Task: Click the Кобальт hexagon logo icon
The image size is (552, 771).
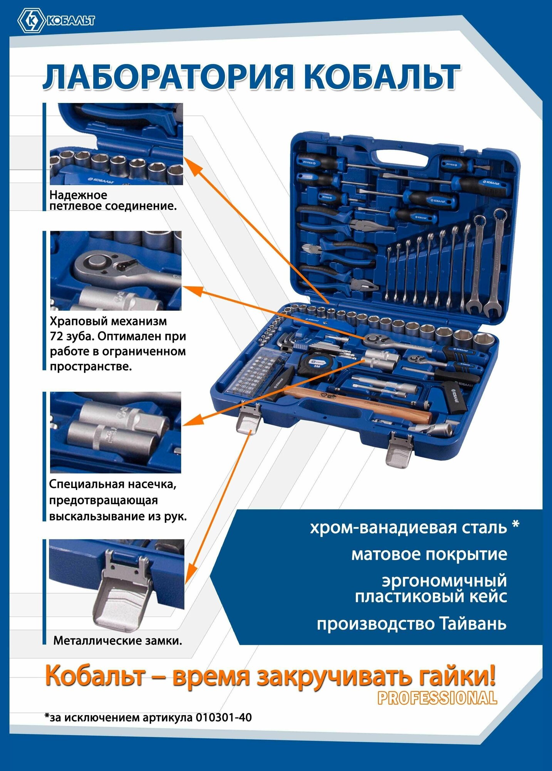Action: coord(32,21)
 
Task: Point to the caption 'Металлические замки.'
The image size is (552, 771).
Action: coord(117,641)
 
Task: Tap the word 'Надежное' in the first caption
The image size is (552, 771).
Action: coord(78,195)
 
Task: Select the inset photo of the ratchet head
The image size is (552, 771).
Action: coord(116,271)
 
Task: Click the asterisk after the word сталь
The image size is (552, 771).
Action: coord(515,525)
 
